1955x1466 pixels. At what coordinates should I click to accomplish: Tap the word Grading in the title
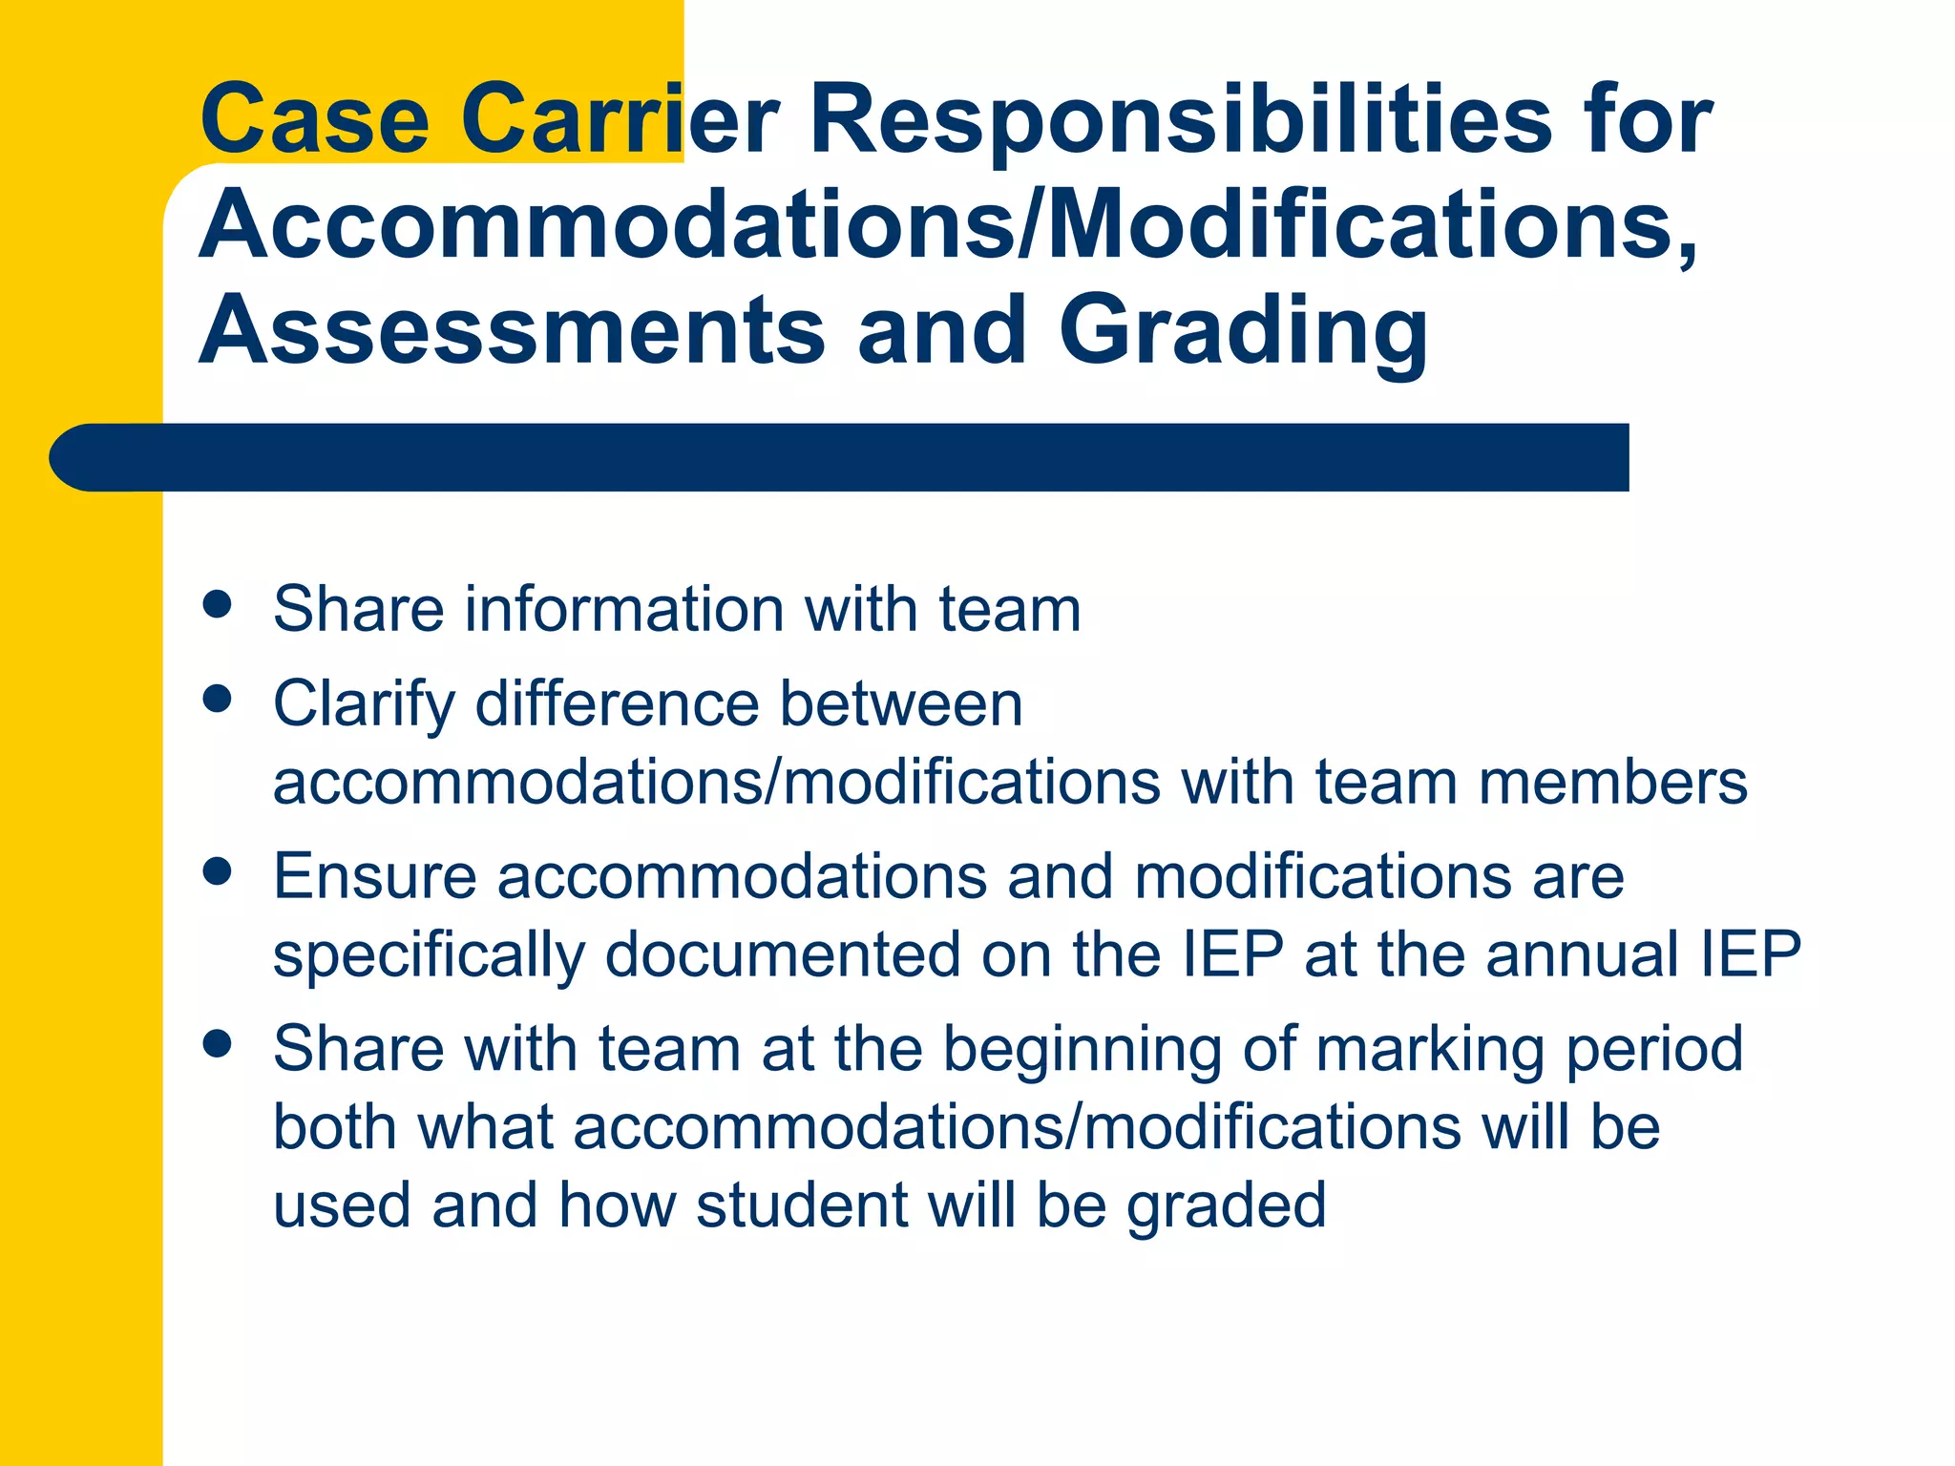tap(1243, 331)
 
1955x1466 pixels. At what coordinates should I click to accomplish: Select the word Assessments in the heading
tap(512, 331)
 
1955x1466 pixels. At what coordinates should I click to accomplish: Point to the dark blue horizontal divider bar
tap(840, 457)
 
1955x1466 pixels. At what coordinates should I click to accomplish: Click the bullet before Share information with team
tap(218, 605)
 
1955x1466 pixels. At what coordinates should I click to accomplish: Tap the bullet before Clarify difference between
tap(218, 699)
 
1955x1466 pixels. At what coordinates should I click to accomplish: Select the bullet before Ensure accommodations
tap(218, 871)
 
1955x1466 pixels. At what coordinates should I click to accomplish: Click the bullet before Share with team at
tap(218, 1044)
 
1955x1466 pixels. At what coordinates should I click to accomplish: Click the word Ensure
tap(374, 876)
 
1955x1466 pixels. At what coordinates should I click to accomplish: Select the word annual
tap(1582, 954)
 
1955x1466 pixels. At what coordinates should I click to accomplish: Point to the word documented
tap(783, 954)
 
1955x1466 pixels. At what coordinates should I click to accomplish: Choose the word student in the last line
tap(802, 1205)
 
